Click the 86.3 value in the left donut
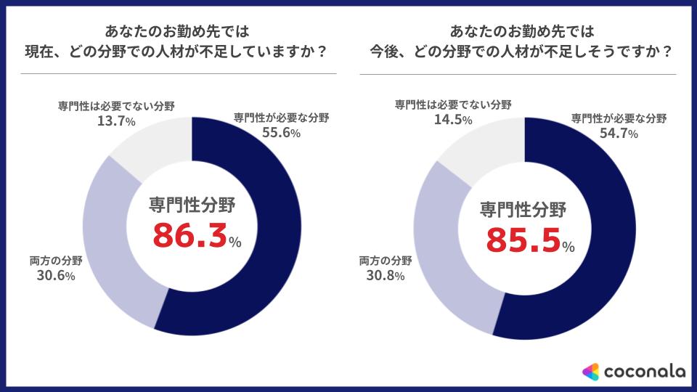[188, 237]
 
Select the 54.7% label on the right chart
[619, 134]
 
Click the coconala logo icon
[590, 372]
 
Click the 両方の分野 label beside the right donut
[386, 260]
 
